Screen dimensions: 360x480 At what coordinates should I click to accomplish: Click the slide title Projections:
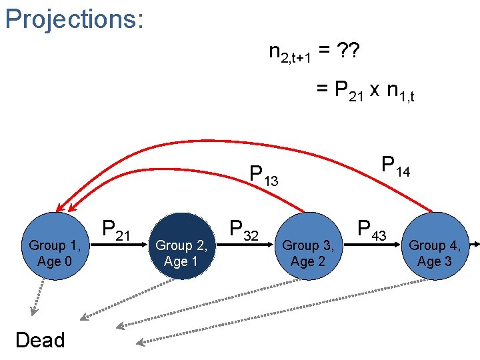click(74, 19)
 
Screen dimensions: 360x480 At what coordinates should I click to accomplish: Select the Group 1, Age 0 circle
click(55, 246)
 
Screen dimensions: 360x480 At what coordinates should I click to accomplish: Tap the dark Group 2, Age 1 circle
click(181, 246)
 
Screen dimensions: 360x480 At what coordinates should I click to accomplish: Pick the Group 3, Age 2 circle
click(308, 246)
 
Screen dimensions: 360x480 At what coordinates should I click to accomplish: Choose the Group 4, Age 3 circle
click(435, 246)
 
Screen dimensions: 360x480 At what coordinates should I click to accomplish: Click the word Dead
click(40, 340)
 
